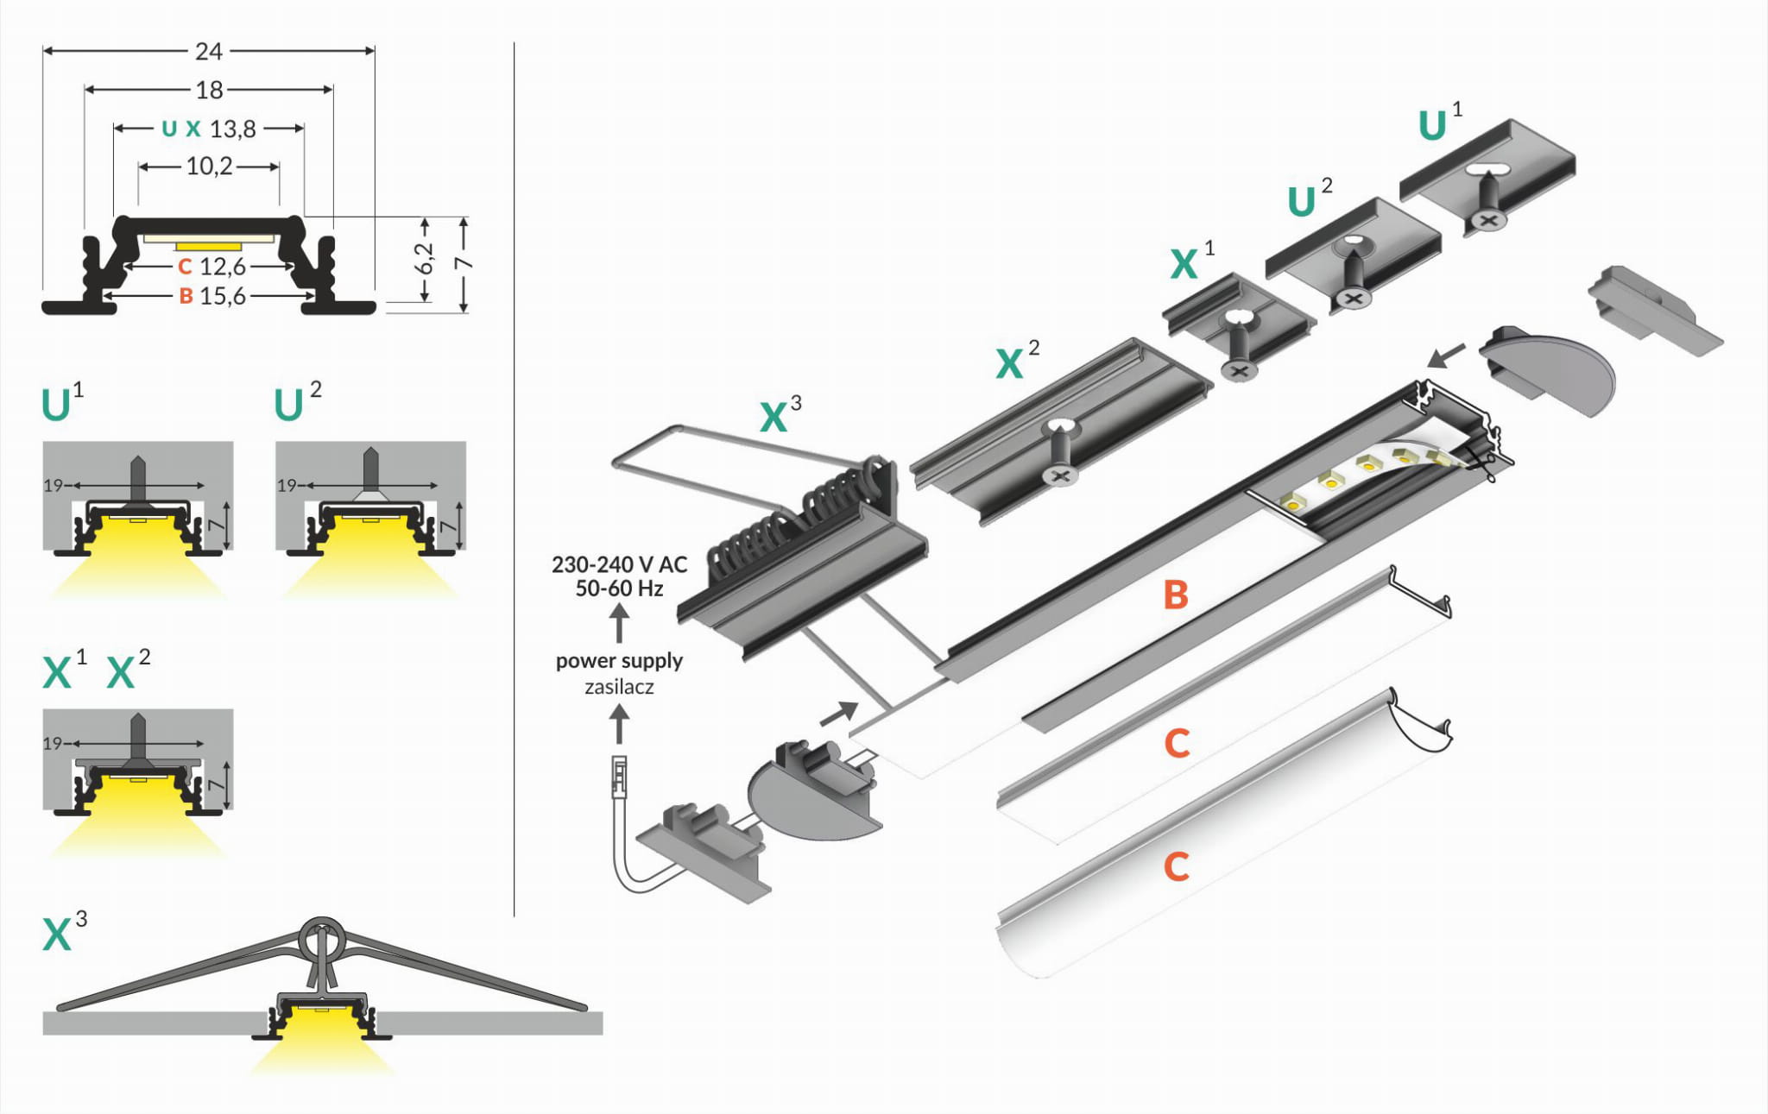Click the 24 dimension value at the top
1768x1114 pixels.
point(209,52)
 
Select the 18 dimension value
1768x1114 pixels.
point(210,90)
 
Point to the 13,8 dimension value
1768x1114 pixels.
point(232,129)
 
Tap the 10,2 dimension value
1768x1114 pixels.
point(210,166)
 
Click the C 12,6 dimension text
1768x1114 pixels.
point(212,267)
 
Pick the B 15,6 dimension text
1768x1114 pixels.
point(212,297)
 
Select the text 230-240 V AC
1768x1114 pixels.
point(619,565)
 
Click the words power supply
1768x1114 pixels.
point(619,661)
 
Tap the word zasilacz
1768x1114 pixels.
point(619,688)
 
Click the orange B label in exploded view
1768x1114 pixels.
point(1176,595)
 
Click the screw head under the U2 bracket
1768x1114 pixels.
point(1354,299)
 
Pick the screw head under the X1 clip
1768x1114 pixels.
point(1240,371)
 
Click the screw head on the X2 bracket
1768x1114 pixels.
point(1060,475)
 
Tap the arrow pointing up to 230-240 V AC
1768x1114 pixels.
point(619,622)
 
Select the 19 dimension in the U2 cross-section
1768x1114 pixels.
point(287,486)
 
